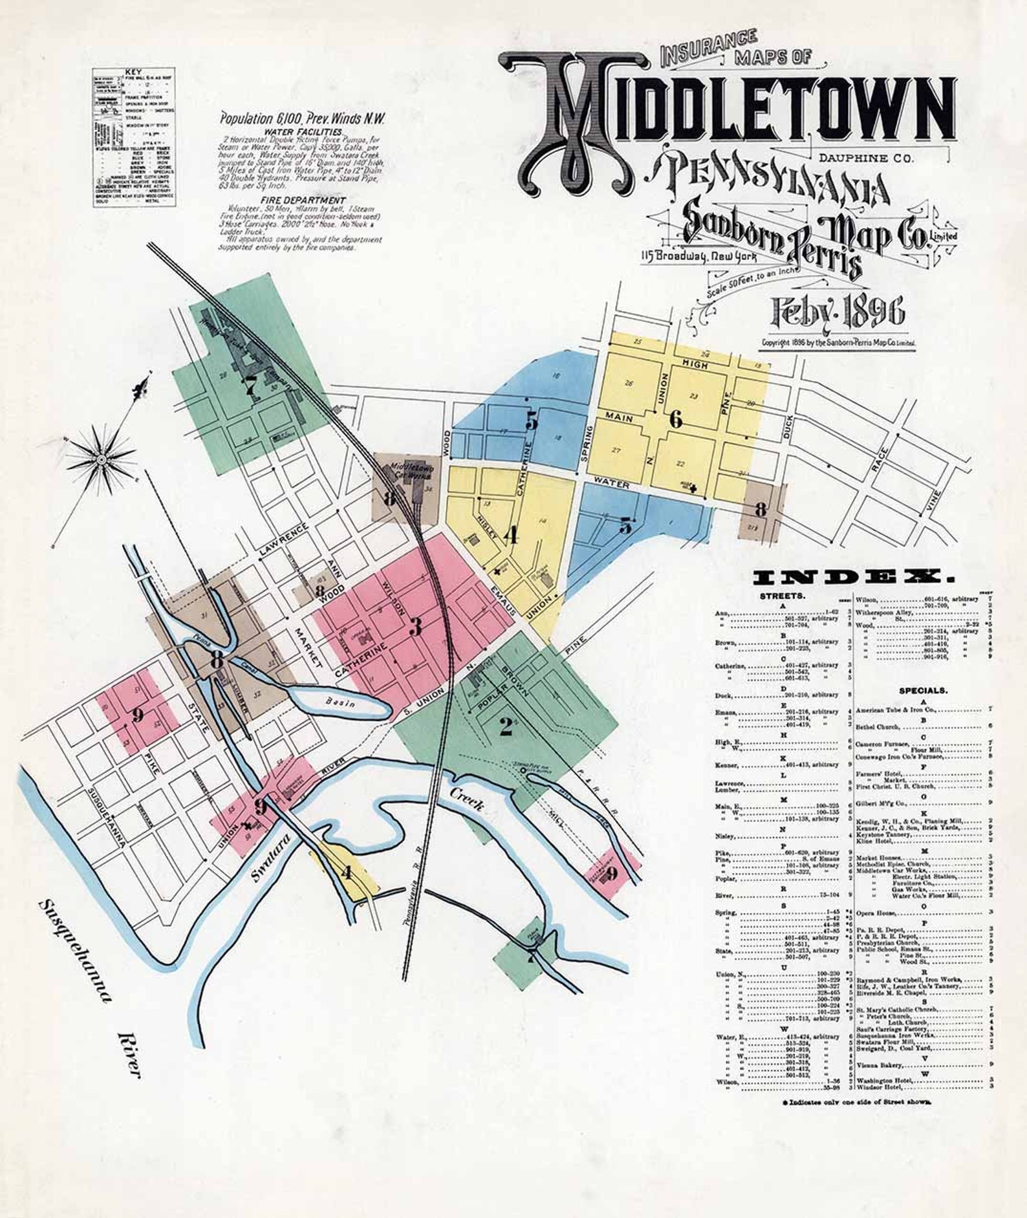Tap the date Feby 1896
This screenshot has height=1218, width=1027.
837,312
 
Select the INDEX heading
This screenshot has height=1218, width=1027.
854,578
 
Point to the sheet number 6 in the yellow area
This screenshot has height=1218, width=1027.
675,420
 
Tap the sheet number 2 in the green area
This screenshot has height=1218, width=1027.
506,726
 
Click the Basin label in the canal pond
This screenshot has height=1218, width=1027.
340,702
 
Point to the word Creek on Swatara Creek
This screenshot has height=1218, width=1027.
467,799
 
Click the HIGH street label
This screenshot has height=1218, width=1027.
695,365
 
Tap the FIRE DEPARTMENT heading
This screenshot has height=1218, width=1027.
303,201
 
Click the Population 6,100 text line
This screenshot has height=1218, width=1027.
302,119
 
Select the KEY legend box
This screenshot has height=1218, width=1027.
134,137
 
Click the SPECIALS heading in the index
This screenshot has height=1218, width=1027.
923,690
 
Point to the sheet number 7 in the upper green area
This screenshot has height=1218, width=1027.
250,386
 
